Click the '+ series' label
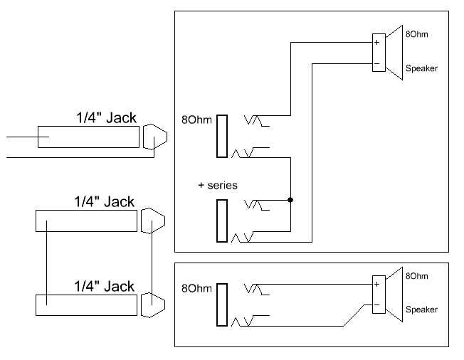(218, 185)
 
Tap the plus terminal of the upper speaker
(376, 43)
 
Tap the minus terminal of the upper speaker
(376, 63)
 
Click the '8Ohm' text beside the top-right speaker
(418, 34)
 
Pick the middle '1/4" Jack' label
(104, 202)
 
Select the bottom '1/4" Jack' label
(104, 286)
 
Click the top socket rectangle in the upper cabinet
(222, 135)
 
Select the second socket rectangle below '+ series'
(222, 221)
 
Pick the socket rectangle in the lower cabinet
(222, 305)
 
